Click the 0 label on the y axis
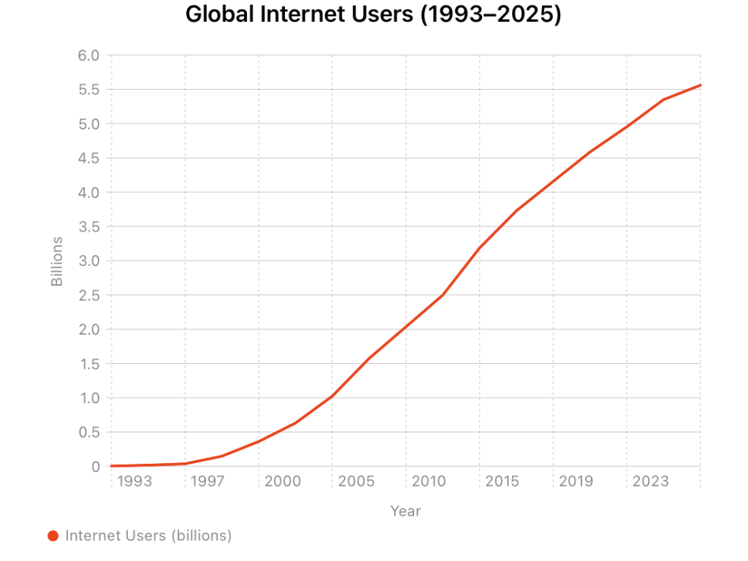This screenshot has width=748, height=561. pos(95,467)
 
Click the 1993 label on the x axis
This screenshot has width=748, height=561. pos(134,481)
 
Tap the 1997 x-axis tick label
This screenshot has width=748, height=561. pos(208,481)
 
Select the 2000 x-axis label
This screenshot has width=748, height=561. pos(282,481)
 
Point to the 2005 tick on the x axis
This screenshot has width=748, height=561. pos(356,481)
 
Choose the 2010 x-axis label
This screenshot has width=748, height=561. pos(429,481)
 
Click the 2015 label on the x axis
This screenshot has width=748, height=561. pos(503,481)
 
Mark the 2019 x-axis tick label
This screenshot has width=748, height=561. pos(576,481)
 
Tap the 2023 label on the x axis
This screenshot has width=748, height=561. pos(650,481)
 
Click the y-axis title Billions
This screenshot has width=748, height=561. pos(58,261)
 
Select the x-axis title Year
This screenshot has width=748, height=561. pos(405,511)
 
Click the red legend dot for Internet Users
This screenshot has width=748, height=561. pos(53,536)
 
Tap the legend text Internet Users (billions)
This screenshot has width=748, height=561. pos(148,536)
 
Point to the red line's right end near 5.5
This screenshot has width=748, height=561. pos(699,85)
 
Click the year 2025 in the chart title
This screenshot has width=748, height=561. pos(528,15)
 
